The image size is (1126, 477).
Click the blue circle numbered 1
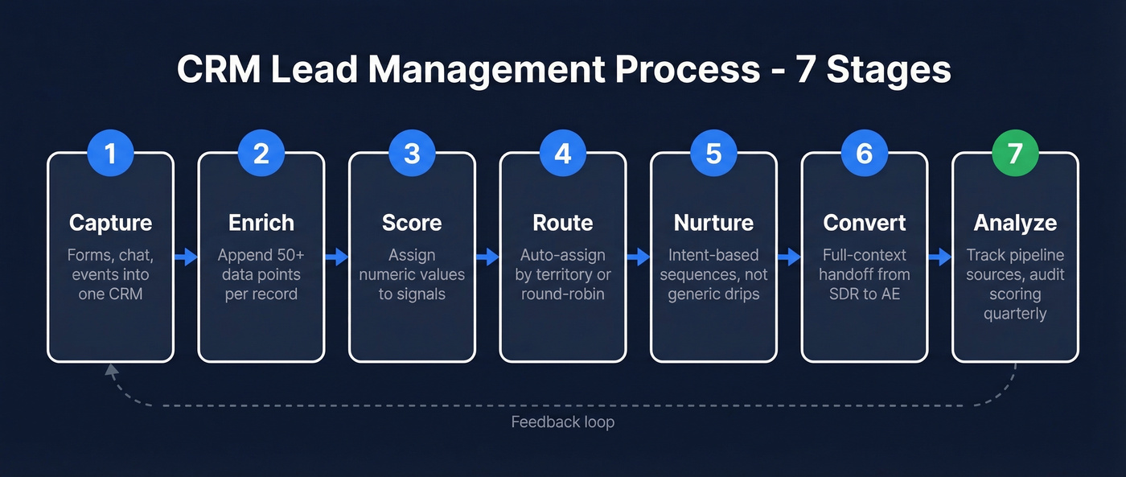pos(110,153)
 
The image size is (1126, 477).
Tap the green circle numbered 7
pos(1015,153)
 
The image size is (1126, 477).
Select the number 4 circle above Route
pos(562,153)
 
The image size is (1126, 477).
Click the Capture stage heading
pos(110,223)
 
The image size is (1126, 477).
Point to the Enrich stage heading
pos(261,223)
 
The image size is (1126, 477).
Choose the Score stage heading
pos(412,223)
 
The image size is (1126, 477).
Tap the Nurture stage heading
pos(713,223)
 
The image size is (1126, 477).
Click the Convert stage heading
pos(864,223)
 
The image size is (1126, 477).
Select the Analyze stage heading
pos(1015,223)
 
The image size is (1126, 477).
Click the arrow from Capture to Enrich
pos(186,257)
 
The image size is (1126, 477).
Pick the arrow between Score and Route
pos(487,257)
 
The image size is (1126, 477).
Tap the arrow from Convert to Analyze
pos(939,257)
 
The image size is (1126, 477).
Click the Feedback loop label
pos(562,422)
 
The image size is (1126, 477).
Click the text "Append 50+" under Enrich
pos(261,255)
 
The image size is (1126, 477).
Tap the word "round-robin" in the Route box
pos(562,294)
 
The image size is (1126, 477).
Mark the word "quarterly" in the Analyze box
pos(1015,313)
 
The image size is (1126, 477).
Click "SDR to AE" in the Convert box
pos(864,294)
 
